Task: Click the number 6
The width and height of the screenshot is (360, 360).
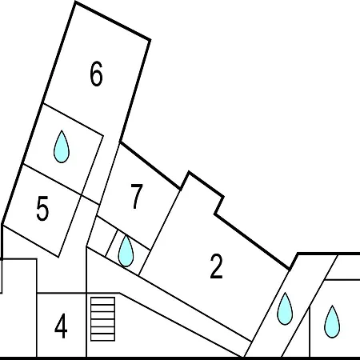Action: pos(96,74)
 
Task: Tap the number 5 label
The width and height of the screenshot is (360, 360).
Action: pos(42,208)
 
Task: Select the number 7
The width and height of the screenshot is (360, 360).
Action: pos(137,197)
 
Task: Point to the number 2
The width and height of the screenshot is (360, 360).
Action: pos(216,266)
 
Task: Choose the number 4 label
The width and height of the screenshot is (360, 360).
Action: pos(61,326)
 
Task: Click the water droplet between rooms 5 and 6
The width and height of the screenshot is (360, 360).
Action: pos(62,146)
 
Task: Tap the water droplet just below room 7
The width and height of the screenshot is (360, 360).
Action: pos(126,251)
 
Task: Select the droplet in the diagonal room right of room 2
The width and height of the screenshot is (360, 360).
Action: pos(285,309)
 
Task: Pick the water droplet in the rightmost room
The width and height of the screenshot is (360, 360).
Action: pos(332,322)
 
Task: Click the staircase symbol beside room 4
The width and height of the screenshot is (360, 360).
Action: pos(103,319)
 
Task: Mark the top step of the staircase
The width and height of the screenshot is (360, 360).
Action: pos(103,301)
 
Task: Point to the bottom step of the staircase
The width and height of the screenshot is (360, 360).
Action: pos(103,337)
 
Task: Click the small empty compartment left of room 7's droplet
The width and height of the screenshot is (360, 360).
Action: pos(102,237)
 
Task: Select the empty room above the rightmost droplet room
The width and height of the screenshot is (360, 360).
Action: pos(344,266)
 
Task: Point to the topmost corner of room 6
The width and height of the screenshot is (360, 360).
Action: pos(75,2)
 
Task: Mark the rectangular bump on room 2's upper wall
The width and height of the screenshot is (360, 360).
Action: pos(202,193)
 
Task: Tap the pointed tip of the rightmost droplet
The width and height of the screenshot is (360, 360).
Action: pos(332,306)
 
